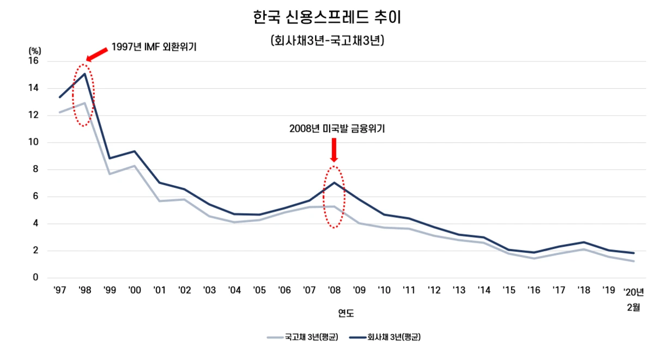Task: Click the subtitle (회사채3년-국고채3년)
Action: point(327,41)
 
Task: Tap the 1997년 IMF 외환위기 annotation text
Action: point(154,47)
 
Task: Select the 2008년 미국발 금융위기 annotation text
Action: point(334,129)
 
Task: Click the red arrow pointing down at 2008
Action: point(334,150)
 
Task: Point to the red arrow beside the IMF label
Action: point(97,53)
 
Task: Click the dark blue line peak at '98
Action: point(84,74)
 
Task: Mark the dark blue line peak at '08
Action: point(334,182)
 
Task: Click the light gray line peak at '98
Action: point(84,103)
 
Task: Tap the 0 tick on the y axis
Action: point(36,278)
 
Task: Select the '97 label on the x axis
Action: point(59,290)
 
